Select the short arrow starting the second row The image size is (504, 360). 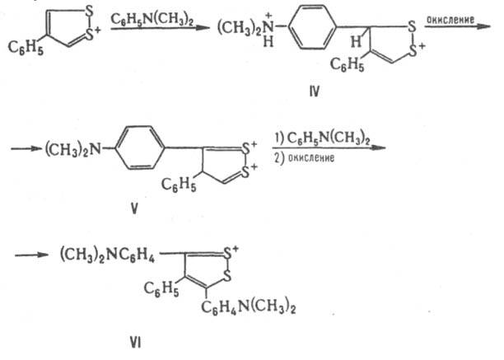click(27, 148)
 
